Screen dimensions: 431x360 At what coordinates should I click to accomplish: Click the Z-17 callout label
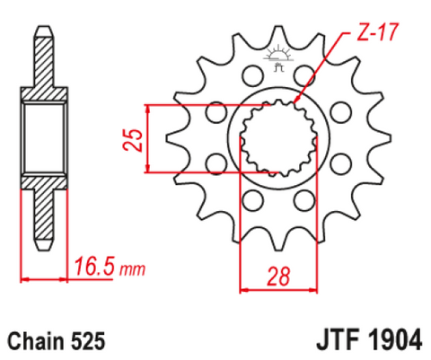click(x=378, y=32)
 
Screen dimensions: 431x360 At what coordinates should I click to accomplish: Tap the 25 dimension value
click(x=132, y=140)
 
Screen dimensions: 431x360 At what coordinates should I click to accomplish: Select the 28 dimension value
click(x=278, y=276)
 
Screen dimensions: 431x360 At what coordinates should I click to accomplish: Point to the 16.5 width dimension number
click(x=94, y=266)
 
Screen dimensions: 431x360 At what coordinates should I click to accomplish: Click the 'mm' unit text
click(x=132, y=269)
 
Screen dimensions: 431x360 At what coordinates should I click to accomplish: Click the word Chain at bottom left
click(x=35, y=341)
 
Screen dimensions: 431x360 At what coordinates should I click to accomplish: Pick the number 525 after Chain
click(x=88, y=341)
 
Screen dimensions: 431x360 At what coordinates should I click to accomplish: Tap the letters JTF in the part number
click(x=338, y=339)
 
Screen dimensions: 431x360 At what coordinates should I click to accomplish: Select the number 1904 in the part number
click(x=395, y=339)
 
